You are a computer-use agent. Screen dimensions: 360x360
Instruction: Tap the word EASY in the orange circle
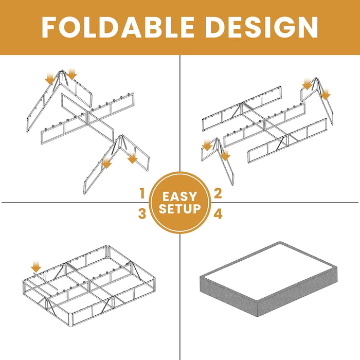pyautogui.click(x=179, y=196)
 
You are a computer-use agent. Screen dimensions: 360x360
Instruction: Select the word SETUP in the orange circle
pyautogui.click(x=179, y=209)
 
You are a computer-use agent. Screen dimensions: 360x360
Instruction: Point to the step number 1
pyautogui.click(x=141, y=194)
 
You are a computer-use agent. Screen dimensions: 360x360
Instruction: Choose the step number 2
pyautogui.click(x=218, y=194)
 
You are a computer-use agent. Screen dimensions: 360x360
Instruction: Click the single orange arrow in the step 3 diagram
pyautogui.click(x=35, y=266)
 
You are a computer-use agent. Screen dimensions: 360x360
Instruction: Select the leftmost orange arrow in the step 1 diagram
pyautogui.click(x=49, y=78)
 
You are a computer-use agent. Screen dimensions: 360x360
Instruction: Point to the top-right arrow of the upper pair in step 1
pyautogui.click(x=71, y=75)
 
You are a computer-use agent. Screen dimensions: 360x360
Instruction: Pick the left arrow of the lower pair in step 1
pyautogui.click(x=107, y=164)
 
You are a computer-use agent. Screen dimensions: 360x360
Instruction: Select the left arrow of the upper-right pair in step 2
pyautogui.click(x=308, y=83)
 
